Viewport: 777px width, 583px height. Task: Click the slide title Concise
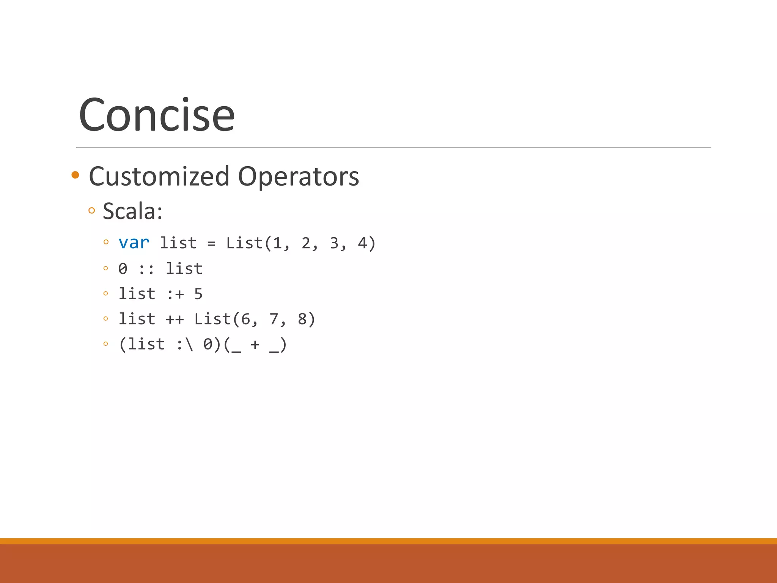[x=156, y=115]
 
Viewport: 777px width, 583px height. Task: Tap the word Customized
[x=159, y=176]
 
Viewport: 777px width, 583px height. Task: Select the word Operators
[x=298, y=176]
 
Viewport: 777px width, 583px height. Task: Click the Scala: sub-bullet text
[x=132, y=211]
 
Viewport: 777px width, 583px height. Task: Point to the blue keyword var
[x=134, y=243]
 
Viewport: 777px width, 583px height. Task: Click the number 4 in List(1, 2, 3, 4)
[x=362, y=243]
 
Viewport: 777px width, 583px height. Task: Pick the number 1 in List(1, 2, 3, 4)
[x=277, y=243]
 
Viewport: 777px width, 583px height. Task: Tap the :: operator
[x=146, y=269]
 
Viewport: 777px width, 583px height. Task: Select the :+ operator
[x=175, y=294]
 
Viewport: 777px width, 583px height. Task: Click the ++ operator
[x=175, y=319]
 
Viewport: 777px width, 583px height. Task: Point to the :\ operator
[x=185, y=345]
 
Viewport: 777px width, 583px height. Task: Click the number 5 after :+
[x=198, y=294]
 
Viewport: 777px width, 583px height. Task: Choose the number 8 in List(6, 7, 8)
[x=302, y=319]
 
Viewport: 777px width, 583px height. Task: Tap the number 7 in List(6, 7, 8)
[x=274, y=319]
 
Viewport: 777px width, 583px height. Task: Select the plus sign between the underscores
[x=255, y=345]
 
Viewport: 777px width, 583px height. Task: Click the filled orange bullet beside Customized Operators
[x=75, y=175]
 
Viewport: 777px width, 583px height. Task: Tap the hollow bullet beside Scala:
[x=91, y=210]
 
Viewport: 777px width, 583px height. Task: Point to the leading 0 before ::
[x=123, y=269]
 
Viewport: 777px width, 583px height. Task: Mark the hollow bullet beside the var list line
[x=106, y=242]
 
